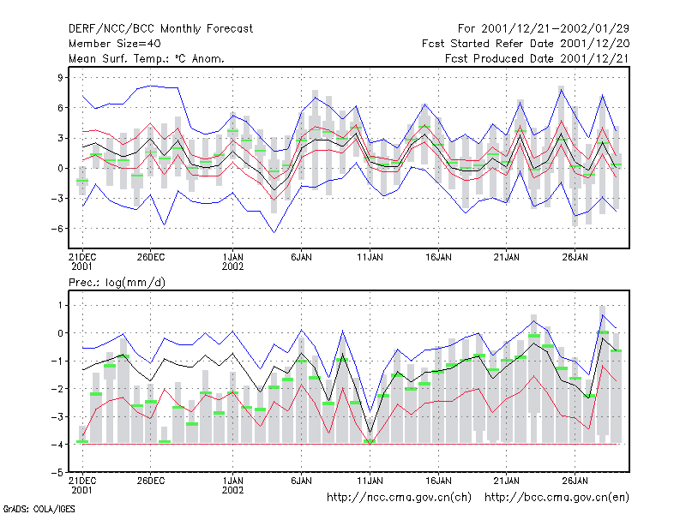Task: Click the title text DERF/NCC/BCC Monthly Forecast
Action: (x=160, y=29)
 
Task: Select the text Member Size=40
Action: (x=115, y=44)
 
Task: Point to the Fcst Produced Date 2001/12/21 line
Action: (x=537, y=58)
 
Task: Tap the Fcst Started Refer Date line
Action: (x=526, y=44)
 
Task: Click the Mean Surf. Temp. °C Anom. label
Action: (x=147, y=58)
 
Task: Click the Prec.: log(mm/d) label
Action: (x=117, y=283)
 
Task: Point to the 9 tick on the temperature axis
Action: (x=60, y=78)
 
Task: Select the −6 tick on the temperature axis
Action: (x=57, y=229)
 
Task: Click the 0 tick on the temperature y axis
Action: (x=60, y=168)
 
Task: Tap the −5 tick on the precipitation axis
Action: (x=57, y=473)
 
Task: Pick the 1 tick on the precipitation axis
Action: (x=60, y=305)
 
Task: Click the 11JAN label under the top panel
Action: (x=370, y=258)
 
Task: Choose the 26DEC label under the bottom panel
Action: (x=151, y=481)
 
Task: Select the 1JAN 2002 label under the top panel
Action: (x=232, y=262)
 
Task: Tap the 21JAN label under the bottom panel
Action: (x=506, y=481)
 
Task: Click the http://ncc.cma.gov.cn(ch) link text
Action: (x=399, y=498)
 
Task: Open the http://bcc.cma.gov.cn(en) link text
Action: (x=557, y=498)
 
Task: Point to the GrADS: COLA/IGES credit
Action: (x=39, y=509)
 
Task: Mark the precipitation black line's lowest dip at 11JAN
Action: (x=370, y=433)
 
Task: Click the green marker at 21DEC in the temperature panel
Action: (x=82, y=181)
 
